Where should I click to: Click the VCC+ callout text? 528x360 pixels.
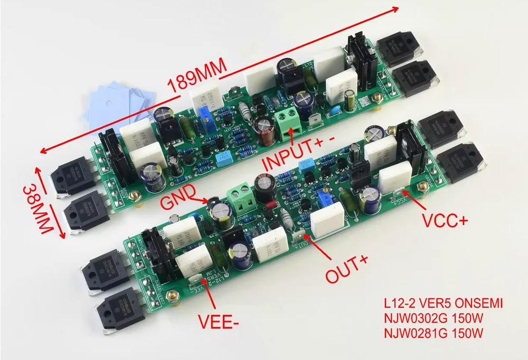pyautogui.click(x=445, y=221)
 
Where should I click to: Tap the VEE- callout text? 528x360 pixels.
pyautogui.click(x=218, y=321)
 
